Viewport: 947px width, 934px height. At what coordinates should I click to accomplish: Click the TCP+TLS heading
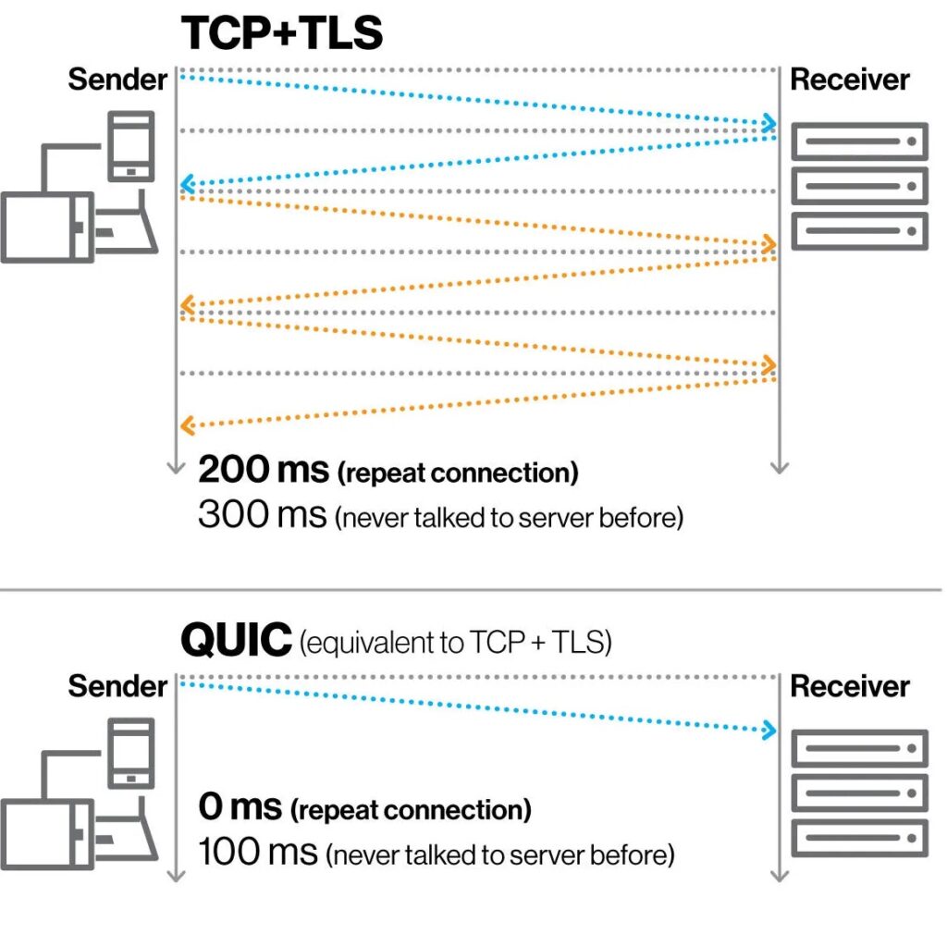[282, 33]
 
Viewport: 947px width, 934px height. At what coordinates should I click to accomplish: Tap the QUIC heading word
[235, 639]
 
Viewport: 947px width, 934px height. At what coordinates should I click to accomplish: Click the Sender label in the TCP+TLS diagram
[117, 80]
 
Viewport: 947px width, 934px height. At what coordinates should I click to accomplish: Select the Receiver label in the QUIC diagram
[850, 687]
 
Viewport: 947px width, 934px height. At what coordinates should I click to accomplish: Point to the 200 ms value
[264, 471]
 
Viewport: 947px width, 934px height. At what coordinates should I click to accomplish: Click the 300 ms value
[262, 515]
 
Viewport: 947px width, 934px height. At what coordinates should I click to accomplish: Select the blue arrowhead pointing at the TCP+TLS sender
[186, 184]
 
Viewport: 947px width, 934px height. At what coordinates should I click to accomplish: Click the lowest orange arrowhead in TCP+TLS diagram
[186, 426]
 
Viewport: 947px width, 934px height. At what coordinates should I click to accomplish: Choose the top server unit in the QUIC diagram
[859, 747]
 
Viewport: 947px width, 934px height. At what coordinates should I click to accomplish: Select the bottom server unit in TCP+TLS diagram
[859, 230]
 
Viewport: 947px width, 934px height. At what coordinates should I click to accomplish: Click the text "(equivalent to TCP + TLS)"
[455, 642]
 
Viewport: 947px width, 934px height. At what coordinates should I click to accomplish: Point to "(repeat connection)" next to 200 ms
[458, 473]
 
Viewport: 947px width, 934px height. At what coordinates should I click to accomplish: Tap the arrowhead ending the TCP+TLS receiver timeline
[779, 468]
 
